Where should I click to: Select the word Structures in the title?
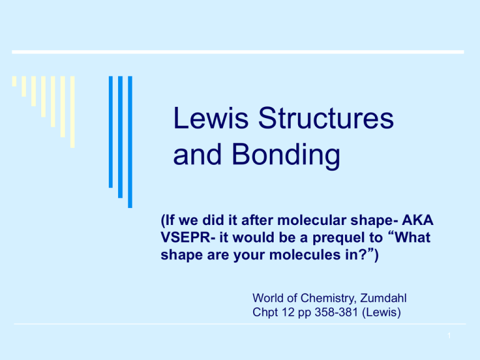pyautogui.click(x=326, y=119)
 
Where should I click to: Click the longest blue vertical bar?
pyautogui.click(x=129, y=142)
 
